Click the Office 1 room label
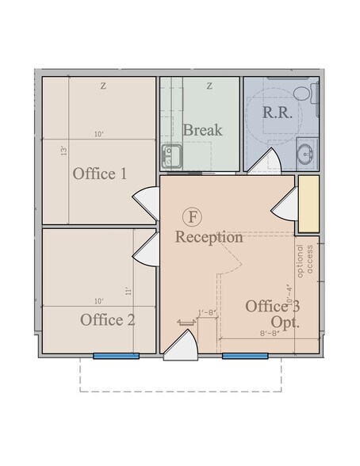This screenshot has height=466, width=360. coord(100,174)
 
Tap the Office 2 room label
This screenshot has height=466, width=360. coord(108,320)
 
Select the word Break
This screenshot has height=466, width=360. coord(202,130)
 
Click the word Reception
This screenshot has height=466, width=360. coord(209,237)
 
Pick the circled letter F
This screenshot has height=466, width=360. coord(192,216)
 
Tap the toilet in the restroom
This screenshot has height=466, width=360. coord(303,94)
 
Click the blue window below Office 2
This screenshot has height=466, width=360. coord(116,356)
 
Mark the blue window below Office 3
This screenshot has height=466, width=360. coord(243,356)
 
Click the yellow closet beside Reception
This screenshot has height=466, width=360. coord(308,204)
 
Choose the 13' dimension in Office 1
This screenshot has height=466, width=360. coord(62,149)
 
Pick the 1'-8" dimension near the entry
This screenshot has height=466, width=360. coord(209,313)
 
